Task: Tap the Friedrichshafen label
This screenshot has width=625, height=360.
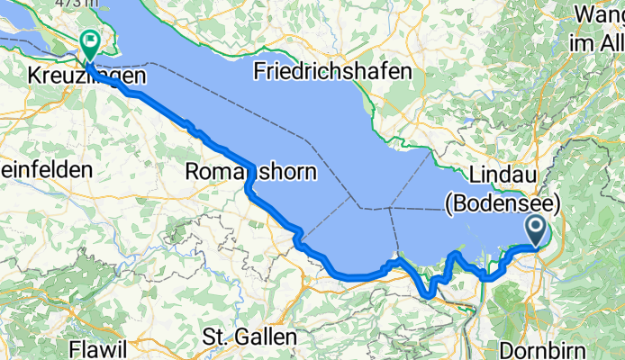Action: [x=332, y=70]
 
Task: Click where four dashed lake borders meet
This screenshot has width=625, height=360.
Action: [x=389, y=209]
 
